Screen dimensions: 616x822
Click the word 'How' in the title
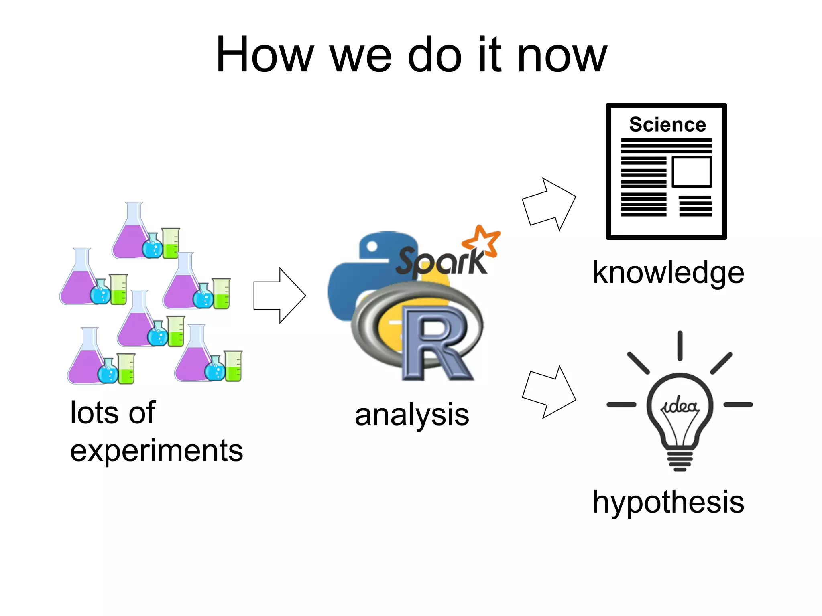click(x=264, y=55)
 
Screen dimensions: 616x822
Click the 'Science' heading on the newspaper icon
click(x=667, y=124)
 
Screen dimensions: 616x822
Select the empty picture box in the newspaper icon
click(x=692, y=172)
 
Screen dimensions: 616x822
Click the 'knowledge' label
click(x=668, y=273)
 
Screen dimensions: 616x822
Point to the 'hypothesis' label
click(x=668, y=502)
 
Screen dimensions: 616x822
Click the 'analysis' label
click(x=412, y=415)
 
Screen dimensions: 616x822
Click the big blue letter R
click(x=435, y=343)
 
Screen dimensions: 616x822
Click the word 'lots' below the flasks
click(x=93, y=413)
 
